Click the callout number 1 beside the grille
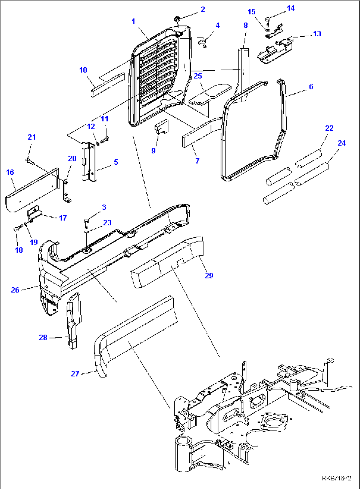coord(133,21)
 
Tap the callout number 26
coord(15,290)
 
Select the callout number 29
coord(209,276)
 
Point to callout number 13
coord(317,34)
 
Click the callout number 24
coord(342,143)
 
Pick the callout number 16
coord(10,172)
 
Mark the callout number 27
coord(75,374)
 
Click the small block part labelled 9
coord(162,127)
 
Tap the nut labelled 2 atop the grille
coord(177,18)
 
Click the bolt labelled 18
coord(17,228)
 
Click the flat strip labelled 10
coord(107,84)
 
